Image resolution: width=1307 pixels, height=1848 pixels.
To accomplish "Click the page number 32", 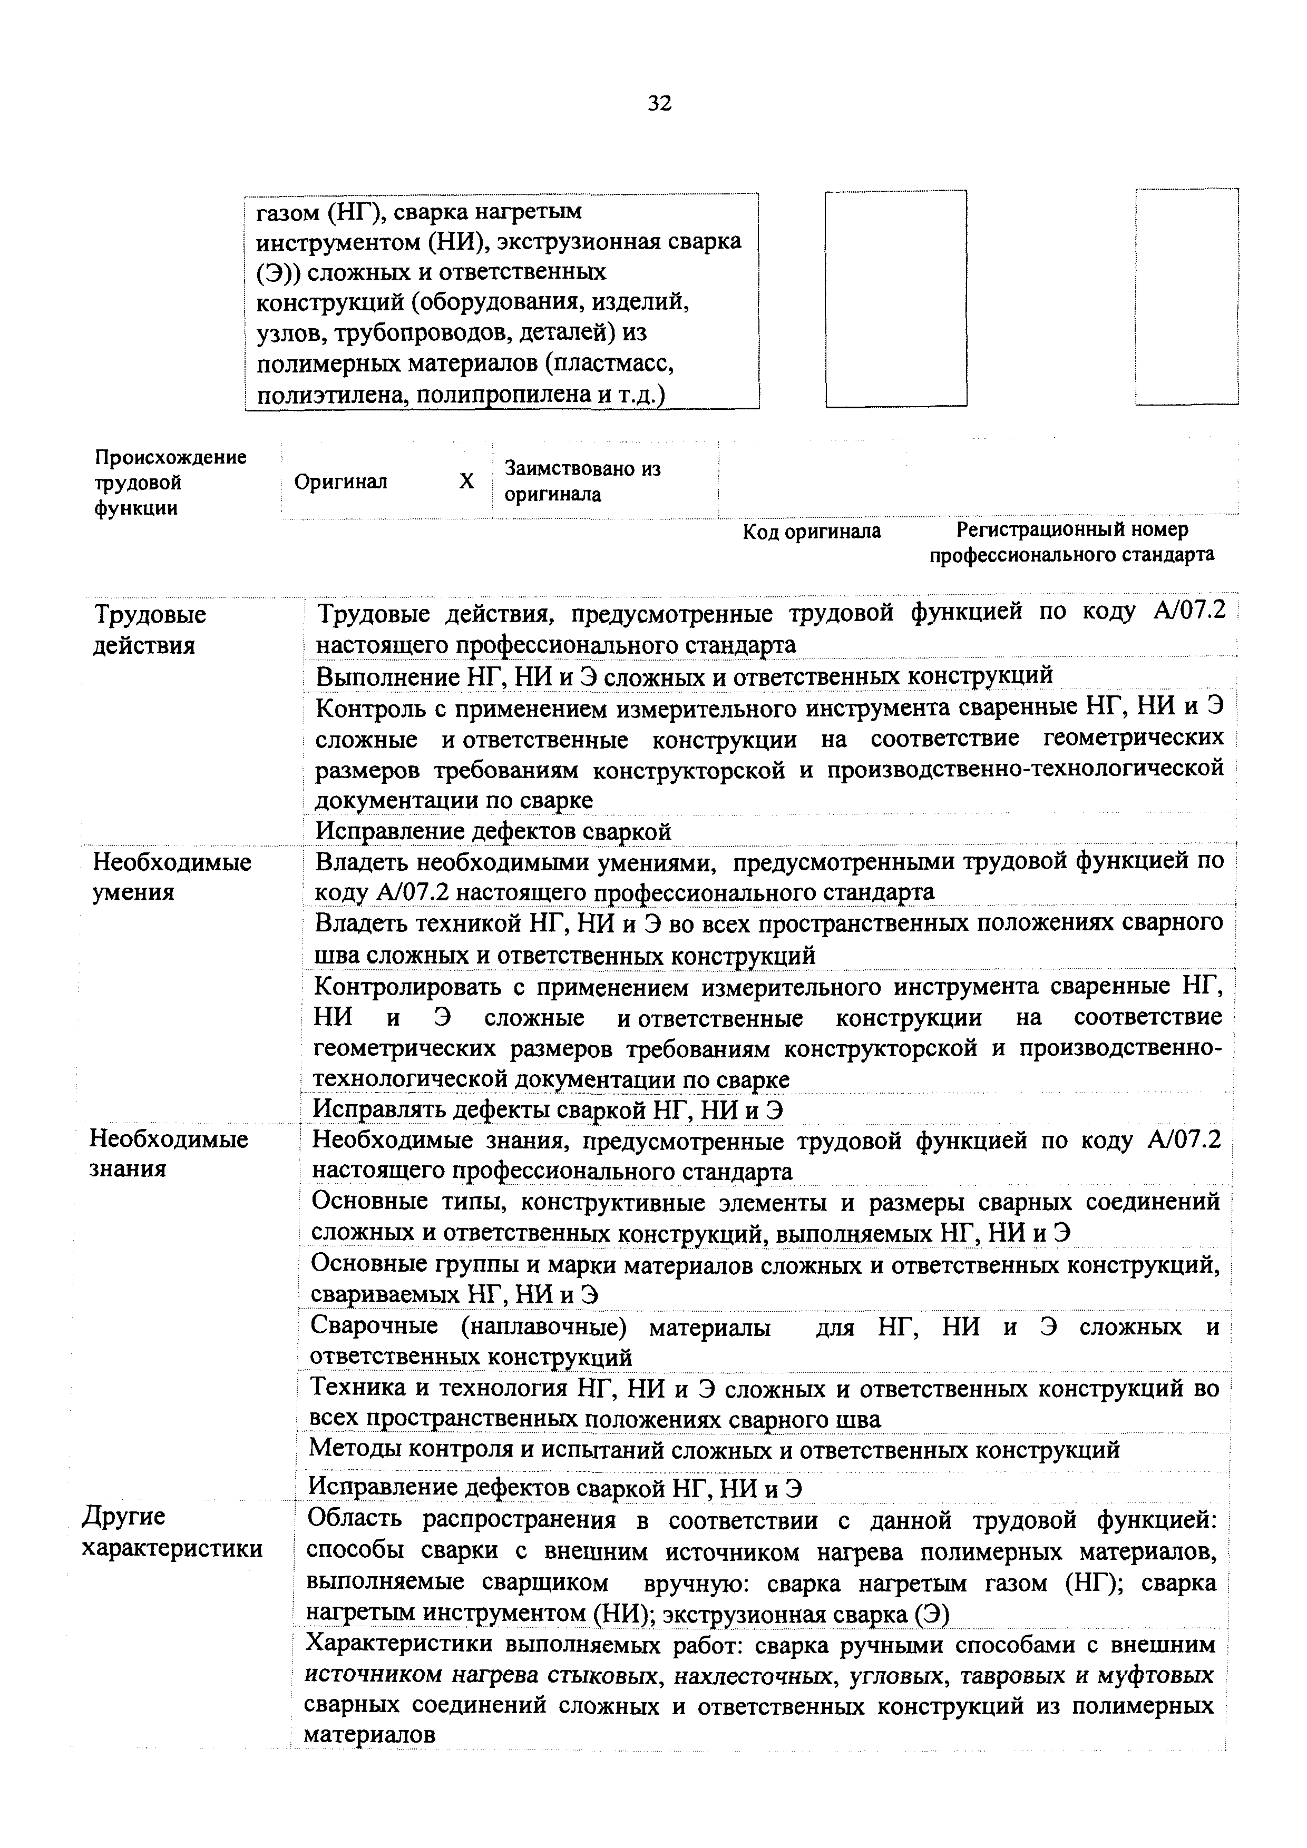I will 659,103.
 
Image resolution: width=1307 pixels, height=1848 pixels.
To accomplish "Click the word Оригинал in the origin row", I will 340,481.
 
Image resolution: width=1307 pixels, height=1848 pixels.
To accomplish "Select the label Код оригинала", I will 811,531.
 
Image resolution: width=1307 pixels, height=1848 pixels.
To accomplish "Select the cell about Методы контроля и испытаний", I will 714,1450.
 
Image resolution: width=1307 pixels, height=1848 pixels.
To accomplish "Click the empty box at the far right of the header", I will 1186,296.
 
